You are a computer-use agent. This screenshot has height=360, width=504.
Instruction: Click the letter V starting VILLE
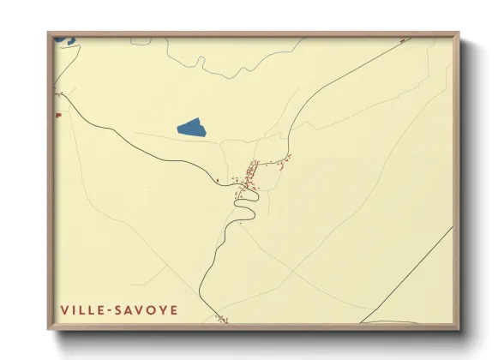65,309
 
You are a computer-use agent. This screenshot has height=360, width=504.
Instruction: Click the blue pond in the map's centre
193,129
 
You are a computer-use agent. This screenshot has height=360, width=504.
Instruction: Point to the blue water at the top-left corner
65,39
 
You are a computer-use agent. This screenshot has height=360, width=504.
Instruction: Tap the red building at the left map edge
57,114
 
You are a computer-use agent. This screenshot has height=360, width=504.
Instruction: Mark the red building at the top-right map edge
403,39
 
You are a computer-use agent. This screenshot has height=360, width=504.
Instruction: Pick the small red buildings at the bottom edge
223,319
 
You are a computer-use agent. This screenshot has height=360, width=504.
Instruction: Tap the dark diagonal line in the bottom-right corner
411,274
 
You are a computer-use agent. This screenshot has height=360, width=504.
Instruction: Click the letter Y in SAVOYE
161,309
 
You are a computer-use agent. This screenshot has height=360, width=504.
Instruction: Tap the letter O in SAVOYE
150,309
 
